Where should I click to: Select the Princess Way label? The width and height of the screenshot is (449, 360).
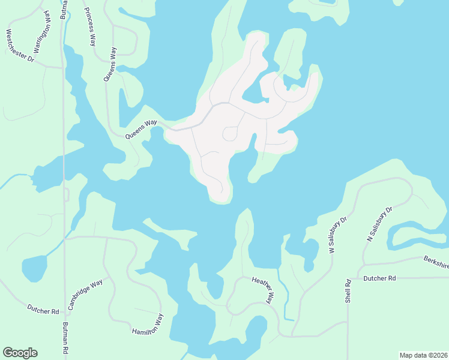click(x=91, y=27)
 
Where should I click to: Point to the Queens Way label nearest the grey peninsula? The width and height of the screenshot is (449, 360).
click(x=141, y=129)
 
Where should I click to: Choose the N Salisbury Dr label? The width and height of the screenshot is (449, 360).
click(x=379, y=224)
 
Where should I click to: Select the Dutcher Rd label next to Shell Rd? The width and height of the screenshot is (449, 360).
click(x=380, y=278)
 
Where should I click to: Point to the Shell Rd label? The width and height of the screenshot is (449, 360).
click(x=348, y=291)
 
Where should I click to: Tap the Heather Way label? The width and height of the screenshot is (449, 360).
click(x=262, y=289)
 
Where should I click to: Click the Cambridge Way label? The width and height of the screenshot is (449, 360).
click(x=85, y=294)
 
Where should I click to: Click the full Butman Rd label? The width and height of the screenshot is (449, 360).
click(x=65, y=340)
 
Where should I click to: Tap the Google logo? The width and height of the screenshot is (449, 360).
click(x=20, y=353)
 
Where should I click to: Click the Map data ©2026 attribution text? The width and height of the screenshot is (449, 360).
click(x=423, y=355)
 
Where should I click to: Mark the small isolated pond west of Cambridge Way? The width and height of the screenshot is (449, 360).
click(x=34, y=268)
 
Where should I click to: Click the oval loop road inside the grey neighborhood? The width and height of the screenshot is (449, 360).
click(x=229, y=134)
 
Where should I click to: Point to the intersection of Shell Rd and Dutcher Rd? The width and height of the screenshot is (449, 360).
click(x=348, y=278)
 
